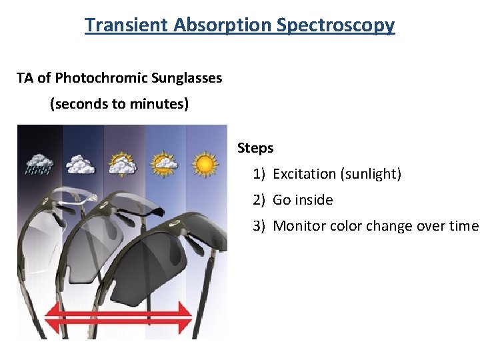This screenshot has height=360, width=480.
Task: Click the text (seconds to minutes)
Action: [x=119, y=104]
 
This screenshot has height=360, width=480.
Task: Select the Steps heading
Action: [x=255, y=148]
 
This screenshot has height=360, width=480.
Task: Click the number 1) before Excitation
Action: [x=259, y=174]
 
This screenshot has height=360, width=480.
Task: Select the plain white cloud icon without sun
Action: [x=80, y=164]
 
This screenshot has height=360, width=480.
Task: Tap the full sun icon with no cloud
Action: [x=205, y=163]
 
